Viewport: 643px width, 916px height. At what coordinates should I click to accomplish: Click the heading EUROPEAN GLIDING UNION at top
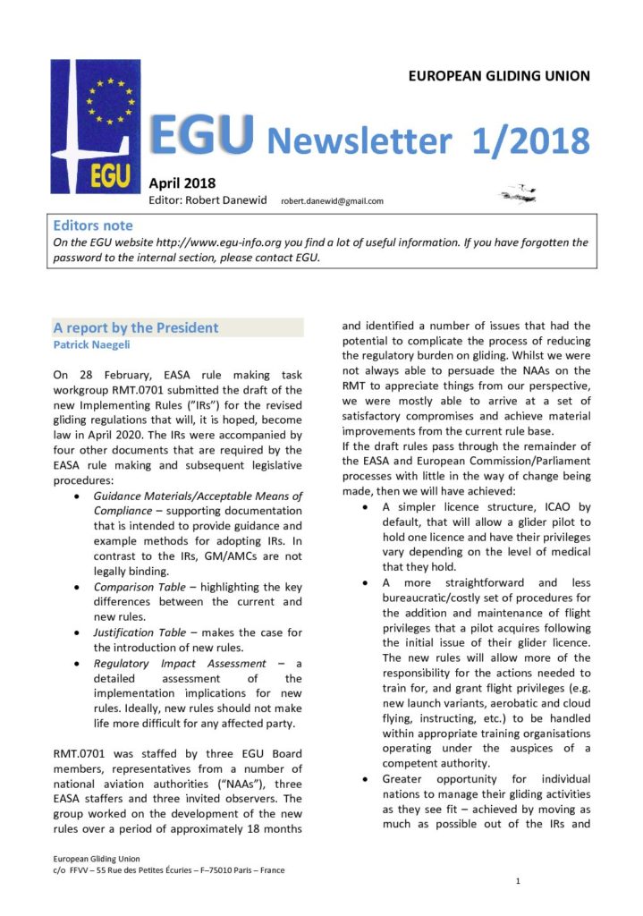point(499,76)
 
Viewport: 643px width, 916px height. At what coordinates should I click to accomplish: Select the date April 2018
point(182,184)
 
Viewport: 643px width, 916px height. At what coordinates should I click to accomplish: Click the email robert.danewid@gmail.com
point(332,201)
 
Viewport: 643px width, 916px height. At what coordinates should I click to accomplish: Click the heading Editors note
point(92,225)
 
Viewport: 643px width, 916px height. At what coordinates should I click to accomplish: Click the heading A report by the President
point(135,327)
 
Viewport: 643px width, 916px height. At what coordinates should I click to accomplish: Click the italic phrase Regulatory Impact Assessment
point(180,664)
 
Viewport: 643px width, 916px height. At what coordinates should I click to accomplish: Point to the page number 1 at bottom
point(519,882)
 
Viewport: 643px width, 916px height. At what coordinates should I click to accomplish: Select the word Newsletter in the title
point(359,141)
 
